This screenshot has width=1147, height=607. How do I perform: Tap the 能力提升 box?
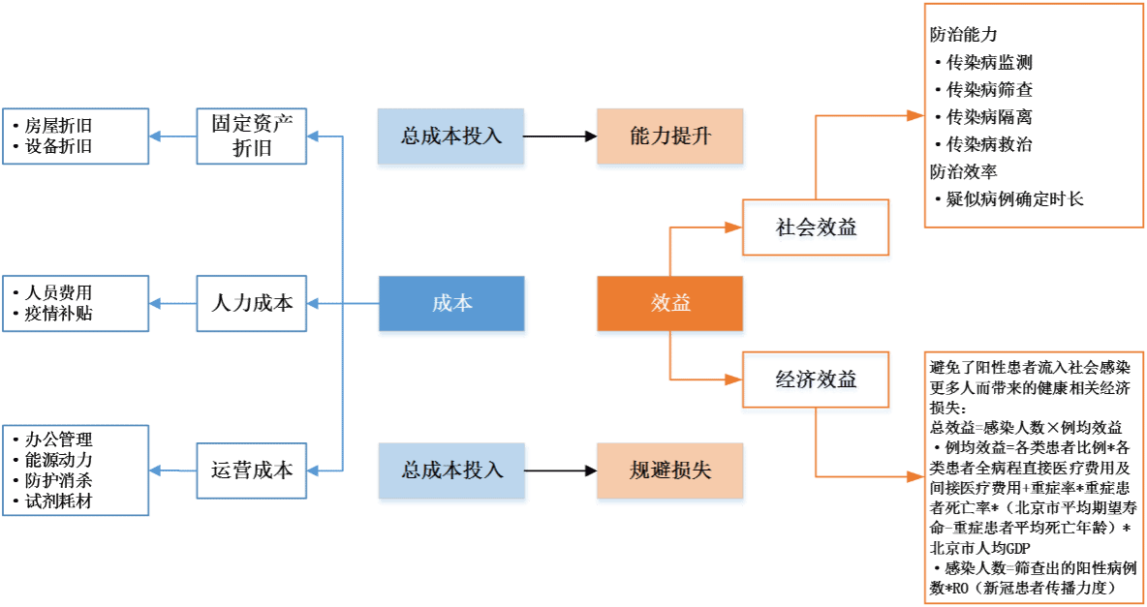coord(670,137)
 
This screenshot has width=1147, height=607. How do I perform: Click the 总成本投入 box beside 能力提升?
coord(451,137)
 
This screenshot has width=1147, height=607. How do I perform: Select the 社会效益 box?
coord(816,230)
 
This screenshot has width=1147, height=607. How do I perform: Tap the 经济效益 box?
coord(816,381)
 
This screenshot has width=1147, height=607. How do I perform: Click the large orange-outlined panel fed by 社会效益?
coord(1034,115)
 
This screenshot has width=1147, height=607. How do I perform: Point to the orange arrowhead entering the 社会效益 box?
coord(733,228)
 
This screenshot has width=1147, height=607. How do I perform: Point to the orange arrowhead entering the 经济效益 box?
coord(733,379)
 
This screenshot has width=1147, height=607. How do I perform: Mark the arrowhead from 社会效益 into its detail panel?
coord(915,115)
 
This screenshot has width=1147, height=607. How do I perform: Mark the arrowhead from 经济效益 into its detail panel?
coord(915,476)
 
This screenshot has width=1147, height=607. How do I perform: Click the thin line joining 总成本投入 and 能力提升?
coord(561,137)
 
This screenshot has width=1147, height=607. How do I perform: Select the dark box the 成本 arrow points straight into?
coord(252,304)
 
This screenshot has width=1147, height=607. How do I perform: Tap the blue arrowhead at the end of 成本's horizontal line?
coord(314,304)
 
